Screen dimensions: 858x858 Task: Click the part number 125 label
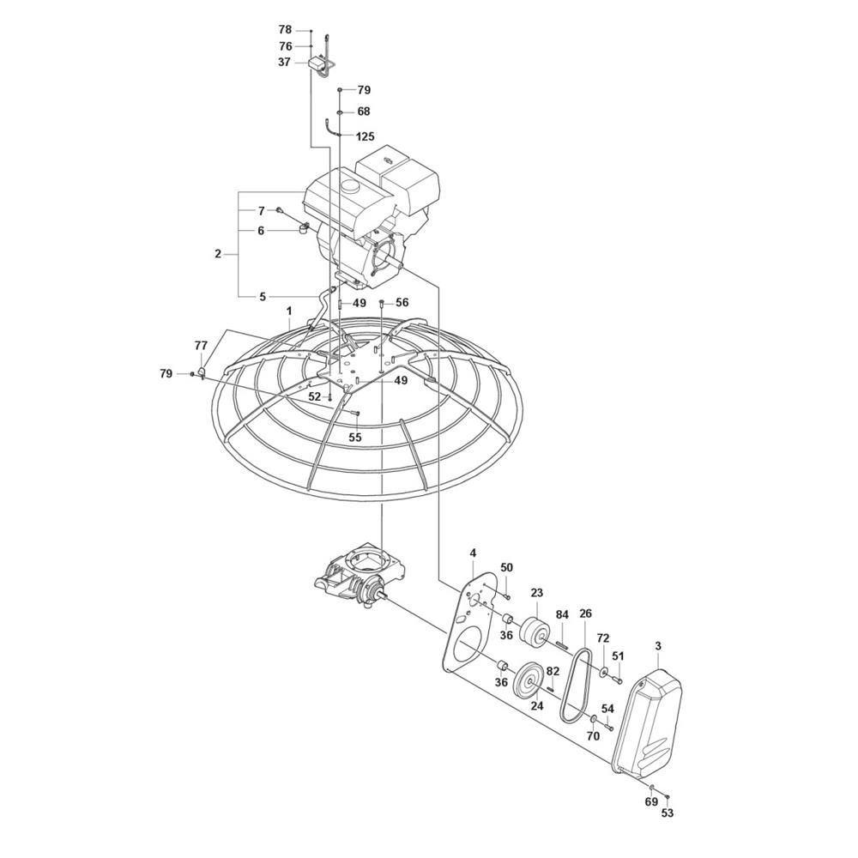[365, 136]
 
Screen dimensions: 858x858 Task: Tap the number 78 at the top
[285, 29]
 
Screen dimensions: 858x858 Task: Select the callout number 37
[285, 63]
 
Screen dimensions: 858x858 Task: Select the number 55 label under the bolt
[355, 438]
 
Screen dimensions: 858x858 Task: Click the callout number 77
[201, 345]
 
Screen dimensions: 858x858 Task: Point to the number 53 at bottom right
[667, 828]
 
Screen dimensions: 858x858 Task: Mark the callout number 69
[650, 817]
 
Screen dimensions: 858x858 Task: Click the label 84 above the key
[562, 615]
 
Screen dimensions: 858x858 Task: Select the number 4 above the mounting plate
[473, 553]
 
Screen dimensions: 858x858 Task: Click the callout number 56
[402, 303]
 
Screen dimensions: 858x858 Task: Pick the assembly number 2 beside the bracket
[218, 254]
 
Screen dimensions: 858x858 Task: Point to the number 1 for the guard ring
[289, 311]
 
